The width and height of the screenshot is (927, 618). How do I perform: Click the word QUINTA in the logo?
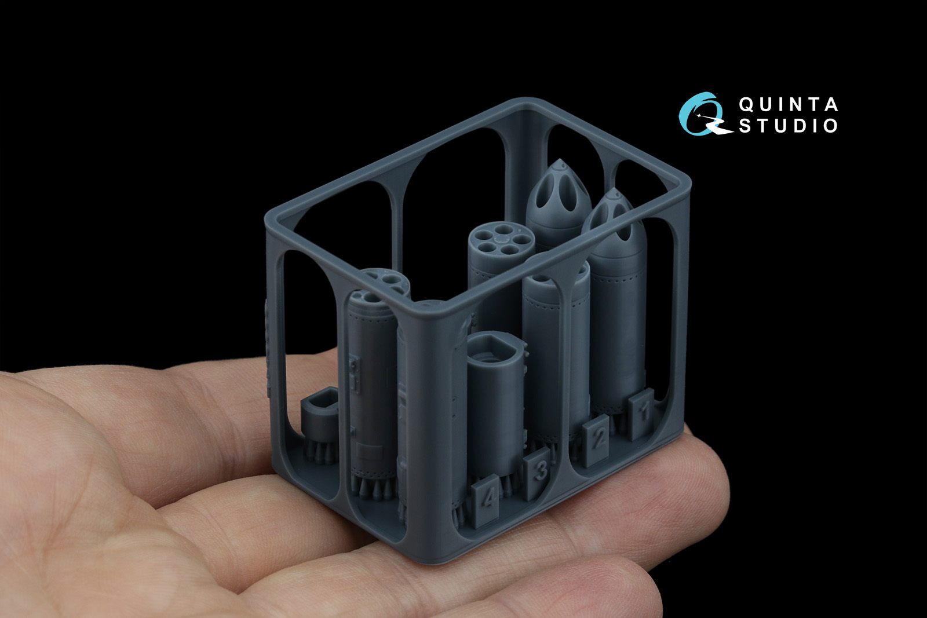click(789, 105)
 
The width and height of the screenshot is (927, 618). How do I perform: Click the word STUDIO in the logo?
click(789, 126)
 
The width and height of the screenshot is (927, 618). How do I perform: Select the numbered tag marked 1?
click(641, 414)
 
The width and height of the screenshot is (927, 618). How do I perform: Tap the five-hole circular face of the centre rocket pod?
click(501, 240)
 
